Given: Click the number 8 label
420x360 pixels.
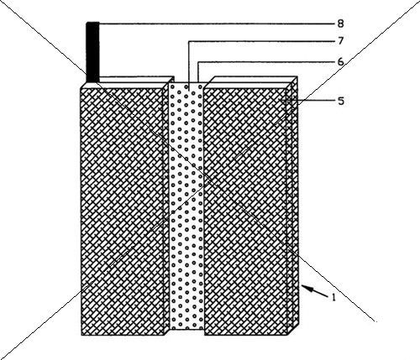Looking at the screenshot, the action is [x=340, y=23].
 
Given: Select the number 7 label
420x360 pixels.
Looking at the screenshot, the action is [x=340, y=41].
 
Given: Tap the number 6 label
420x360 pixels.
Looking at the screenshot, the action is [x=340, y=62].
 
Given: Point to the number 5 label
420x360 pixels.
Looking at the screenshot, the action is [x=340, y=101].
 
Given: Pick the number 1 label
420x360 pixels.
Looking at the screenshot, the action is [x=333, y=298].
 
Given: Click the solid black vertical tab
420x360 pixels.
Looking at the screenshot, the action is [x=92, y=52].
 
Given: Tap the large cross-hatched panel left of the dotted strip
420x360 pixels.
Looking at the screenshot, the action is [x=122, y=211].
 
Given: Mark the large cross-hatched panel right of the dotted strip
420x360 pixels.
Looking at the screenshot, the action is [x=246, y=211].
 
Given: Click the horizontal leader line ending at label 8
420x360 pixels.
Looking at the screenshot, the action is [x=217, y=24].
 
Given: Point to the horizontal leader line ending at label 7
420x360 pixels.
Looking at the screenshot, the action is [x=262, y=42].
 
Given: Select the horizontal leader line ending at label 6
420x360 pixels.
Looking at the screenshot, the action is [x=266, y=62].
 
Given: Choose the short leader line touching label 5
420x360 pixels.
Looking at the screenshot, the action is [x=308, y=101].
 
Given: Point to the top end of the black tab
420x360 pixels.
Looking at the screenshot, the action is [x=92, y=23].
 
